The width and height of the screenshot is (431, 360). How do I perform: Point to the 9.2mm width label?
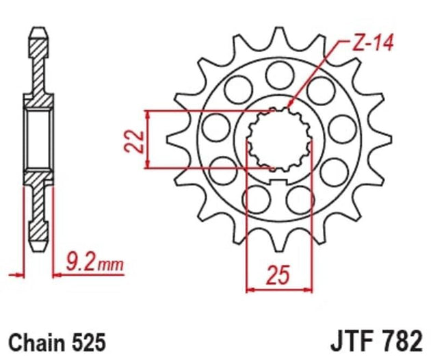click(92, 261)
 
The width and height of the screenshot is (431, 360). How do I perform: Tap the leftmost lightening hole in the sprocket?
click(216, 127)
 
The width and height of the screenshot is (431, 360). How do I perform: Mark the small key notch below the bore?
click(278, 181)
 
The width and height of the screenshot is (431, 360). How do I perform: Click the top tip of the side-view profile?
click(37, 30)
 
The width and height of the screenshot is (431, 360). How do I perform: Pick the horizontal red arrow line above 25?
click(278, 290)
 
